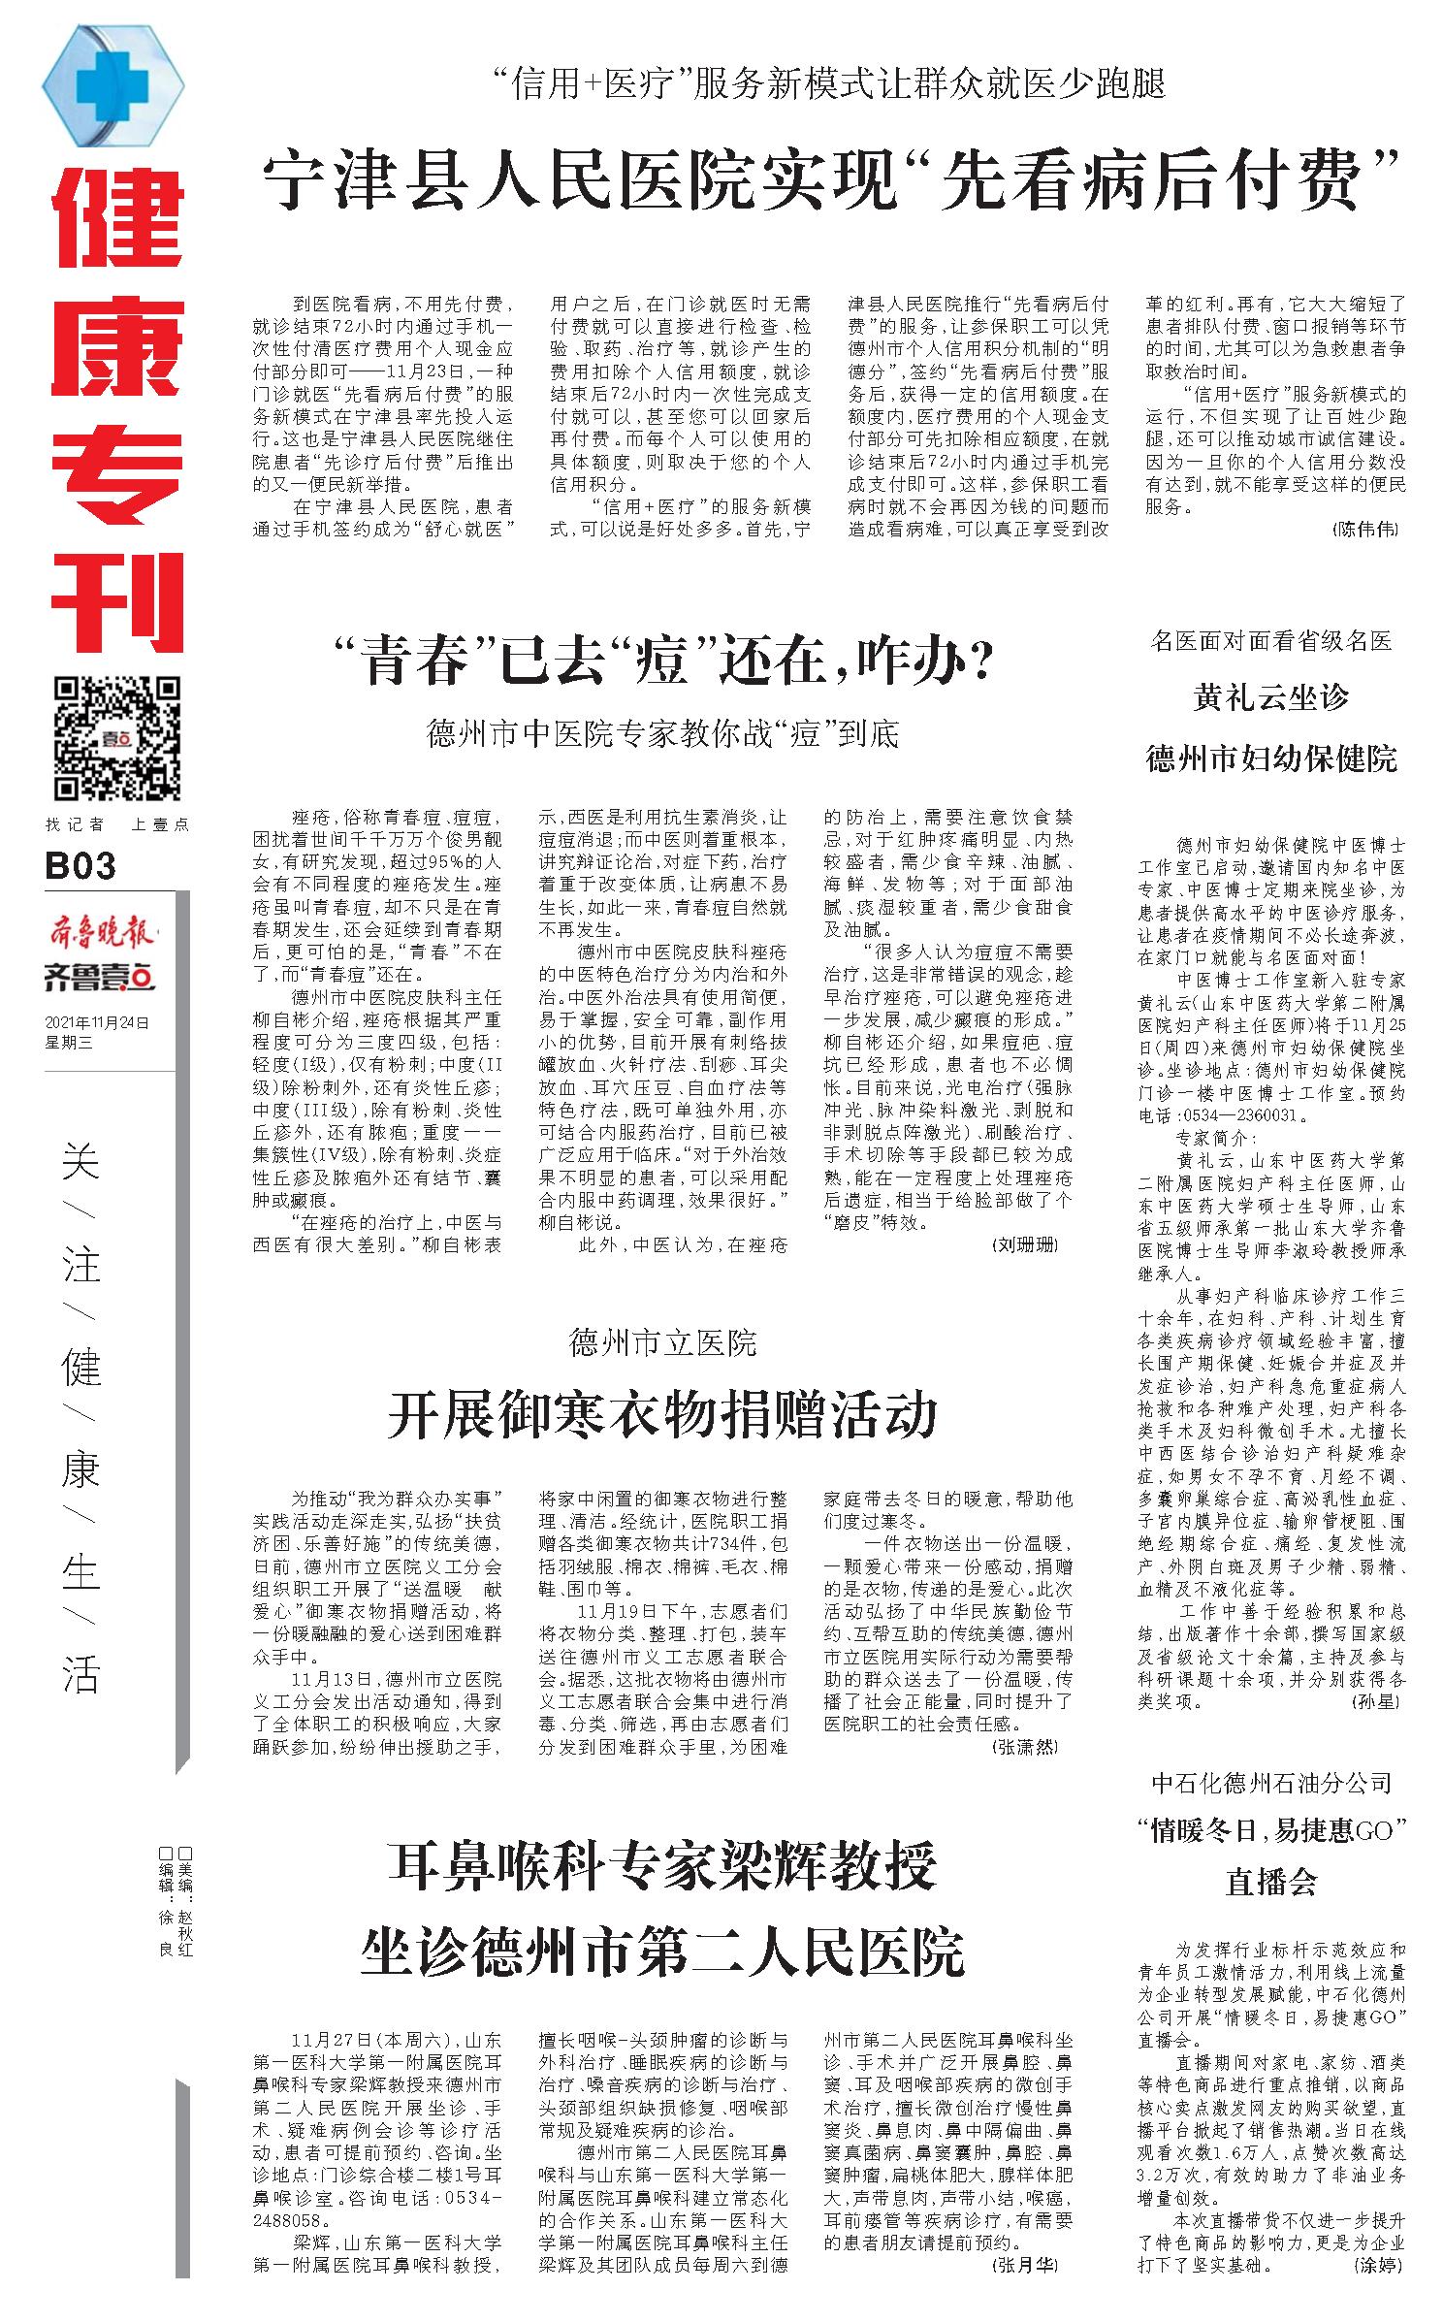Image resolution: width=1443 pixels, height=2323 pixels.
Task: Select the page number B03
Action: (x=80, y=866)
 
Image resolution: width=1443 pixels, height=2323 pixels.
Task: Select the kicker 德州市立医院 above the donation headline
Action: (x=663, y=1343)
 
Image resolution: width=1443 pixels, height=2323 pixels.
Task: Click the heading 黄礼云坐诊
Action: (x=1270, y=697)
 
